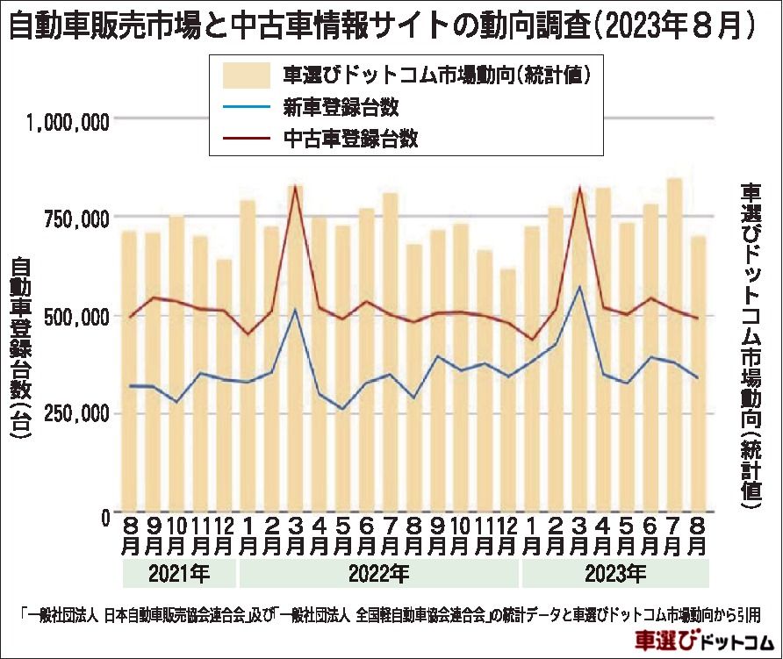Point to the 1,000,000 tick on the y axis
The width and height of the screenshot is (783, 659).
pyautogui.click(x=68, y=120)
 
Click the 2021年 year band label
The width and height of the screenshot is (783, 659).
pyautogui.click(x=180, y=575)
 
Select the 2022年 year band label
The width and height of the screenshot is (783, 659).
pyautogui.click(x=379, y=575)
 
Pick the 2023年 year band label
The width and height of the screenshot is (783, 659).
pyautogui.click(x=615, y=575)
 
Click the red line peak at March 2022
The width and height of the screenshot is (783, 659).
pyautogui.click(x=295, y=186)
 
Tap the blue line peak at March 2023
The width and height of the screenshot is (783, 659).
pyautogui.click(x=579, y=287)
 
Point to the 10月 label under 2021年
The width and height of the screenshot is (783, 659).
pyautogui.click(x=176, y=534)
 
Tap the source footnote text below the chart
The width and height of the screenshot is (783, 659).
pyautogui.click(x=391, y=612)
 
